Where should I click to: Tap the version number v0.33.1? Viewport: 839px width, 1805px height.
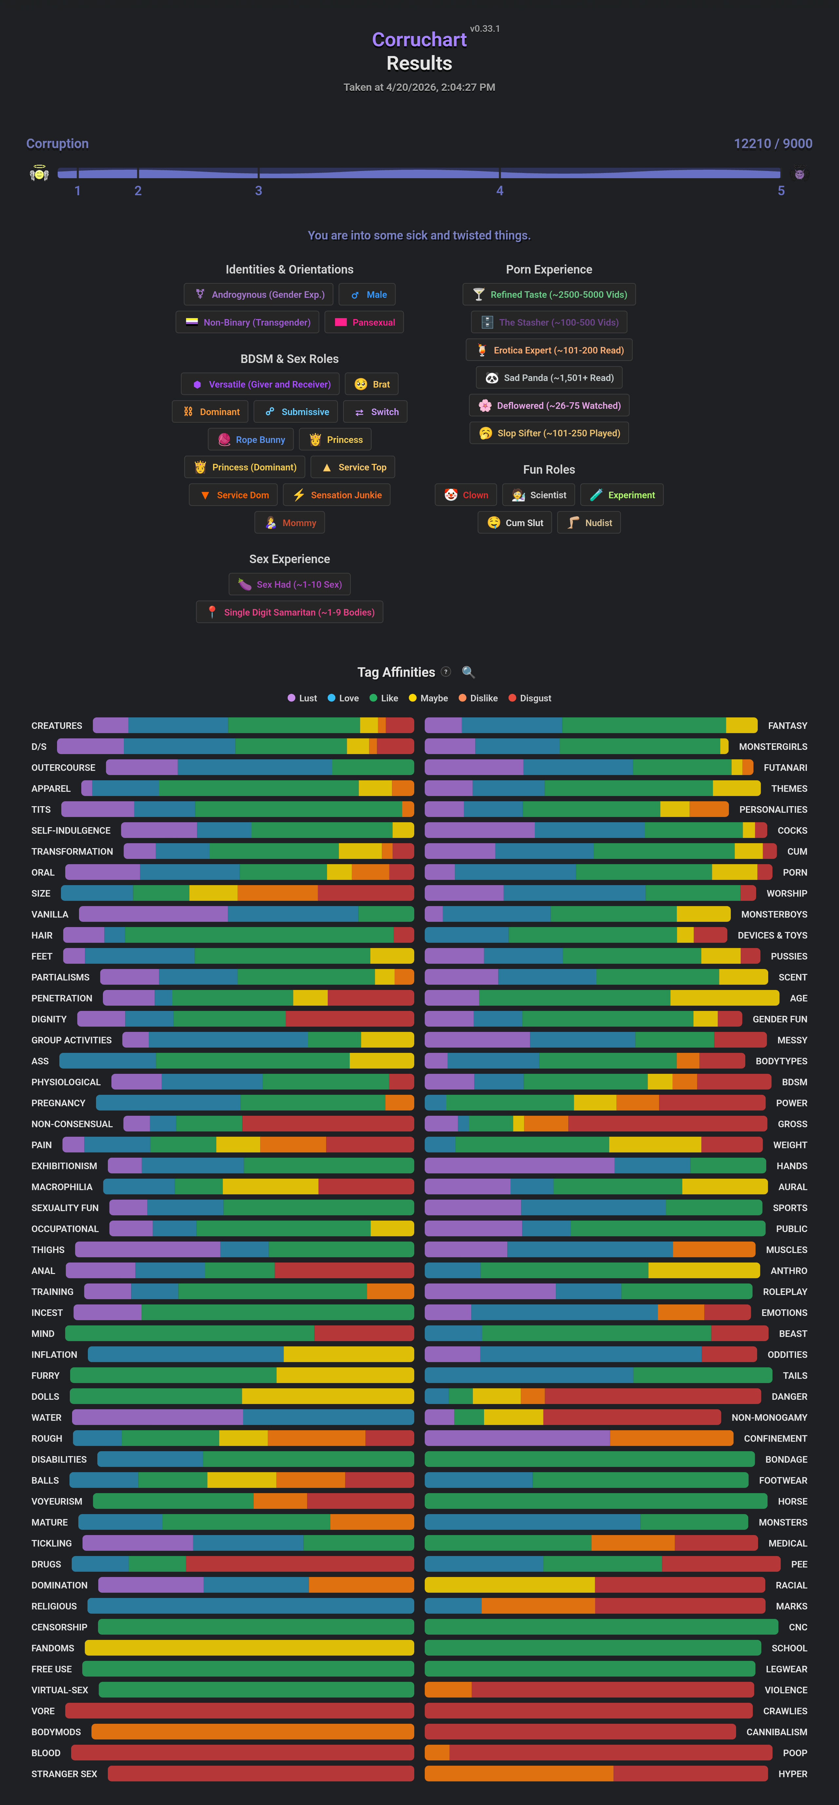point(485,29)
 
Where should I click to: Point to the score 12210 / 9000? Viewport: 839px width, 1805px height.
point(772,143)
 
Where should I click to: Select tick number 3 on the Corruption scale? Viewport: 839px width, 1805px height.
point(259,191)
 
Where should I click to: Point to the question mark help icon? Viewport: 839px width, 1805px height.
point(446,672)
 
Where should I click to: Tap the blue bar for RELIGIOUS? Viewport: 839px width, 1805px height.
point(250,1606)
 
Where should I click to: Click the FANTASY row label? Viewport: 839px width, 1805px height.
point(787,726)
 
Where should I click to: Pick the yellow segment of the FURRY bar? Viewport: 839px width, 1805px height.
point(345,1376)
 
